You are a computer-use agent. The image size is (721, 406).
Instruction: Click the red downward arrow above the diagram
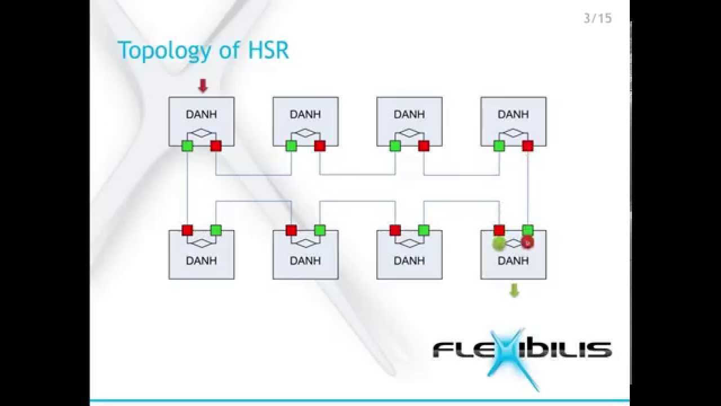click(x=203, y=86)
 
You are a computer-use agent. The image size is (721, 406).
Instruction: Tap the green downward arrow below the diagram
click(x=514, y=290)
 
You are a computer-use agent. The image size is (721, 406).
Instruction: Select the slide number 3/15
click(x=598, y=19)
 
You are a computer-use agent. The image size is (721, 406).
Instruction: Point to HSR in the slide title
click(x=268, y=50)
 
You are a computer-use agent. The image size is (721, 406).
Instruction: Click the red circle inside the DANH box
click(x=527, y=242)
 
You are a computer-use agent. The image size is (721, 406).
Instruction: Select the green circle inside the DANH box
click(x=499, y=244)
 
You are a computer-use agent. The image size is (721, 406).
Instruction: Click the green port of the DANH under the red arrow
click(x=188, y=146)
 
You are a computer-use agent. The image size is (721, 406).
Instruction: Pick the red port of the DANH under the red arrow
click(x=216, y=146)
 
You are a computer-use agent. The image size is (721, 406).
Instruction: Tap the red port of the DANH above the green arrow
click(x=499, y=230)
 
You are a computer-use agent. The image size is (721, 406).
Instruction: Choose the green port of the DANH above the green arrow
click(x=528, y=230)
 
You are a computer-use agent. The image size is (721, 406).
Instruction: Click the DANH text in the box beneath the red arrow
click(x=202, y=114)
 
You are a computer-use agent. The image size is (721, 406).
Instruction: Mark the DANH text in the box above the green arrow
click(x=513, y=261)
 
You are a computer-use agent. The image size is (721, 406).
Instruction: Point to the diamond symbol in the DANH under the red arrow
click(x=202, y=133)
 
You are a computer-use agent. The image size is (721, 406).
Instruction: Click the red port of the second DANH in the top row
click(x=320, y=146)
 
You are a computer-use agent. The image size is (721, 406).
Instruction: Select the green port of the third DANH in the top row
click(x=395, y=146)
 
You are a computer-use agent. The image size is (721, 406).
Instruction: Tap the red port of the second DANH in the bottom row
click(x=291, y=230)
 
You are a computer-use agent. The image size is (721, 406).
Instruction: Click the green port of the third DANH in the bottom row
click(x=424, y=230)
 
